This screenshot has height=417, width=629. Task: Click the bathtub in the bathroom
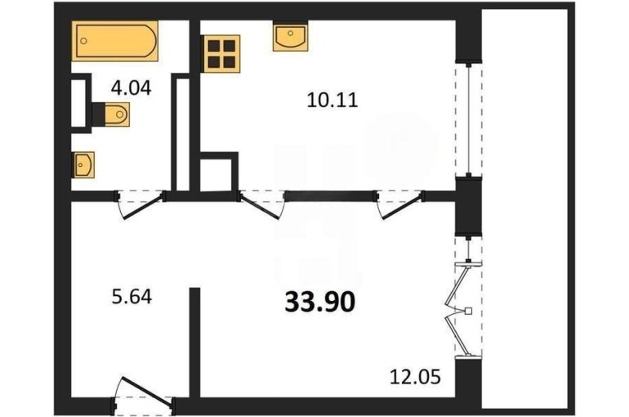(x=114, y=41)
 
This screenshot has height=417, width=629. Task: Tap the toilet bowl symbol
(x=117, y=114)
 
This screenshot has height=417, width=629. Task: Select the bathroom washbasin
(x=83, y=164)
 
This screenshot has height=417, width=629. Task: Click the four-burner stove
(x=222, y=54)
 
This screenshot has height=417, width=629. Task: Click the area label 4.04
(x=132, y=88)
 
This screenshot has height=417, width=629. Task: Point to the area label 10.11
(x=332, y=100)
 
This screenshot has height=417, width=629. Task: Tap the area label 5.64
(x=132, y=298)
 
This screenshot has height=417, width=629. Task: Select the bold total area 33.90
(x=319, y=302)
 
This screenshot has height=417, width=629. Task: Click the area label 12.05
(x=416, y=377)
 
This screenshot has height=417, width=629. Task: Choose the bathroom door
(x=141, y=204)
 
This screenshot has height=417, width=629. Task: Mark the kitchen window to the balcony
(x=469, y=119)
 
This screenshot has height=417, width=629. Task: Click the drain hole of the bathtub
(x=83, y=41)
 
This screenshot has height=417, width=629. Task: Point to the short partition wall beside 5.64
(x=194, y=343)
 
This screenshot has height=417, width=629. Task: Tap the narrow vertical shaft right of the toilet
(x=182, y=135)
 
